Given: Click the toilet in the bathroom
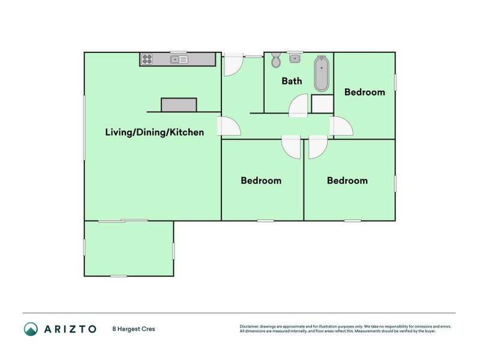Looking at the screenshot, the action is (276, 59).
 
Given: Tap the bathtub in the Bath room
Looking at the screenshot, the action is (322, 73).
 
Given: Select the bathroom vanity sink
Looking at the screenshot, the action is (295, 58).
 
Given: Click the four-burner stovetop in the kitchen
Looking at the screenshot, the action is (147, 59).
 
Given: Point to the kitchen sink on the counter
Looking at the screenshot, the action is (179, 59).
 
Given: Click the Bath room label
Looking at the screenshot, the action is (292, 81).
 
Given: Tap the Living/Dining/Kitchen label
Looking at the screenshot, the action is (155, 132).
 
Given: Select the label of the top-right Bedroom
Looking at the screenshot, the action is (365, 92).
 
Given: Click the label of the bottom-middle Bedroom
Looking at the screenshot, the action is (261, 181).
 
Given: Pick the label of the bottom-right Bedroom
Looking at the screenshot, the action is (347, 181).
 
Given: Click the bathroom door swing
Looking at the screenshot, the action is (298, 106).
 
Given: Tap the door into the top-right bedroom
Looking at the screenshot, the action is (341, 126).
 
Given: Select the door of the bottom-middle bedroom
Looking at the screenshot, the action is (291, 147).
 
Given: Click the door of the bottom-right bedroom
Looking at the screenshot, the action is (318, 147).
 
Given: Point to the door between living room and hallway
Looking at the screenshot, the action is (229, 126).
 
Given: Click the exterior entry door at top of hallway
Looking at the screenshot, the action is (233, 65).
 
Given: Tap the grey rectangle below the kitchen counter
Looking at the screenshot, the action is (179, 105).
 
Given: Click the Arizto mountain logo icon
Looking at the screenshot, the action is (31, 329).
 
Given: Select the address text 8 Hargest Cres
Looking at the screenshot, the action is (134, 329).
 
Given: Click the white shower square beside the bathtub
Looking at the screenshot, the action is (322, 104).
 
